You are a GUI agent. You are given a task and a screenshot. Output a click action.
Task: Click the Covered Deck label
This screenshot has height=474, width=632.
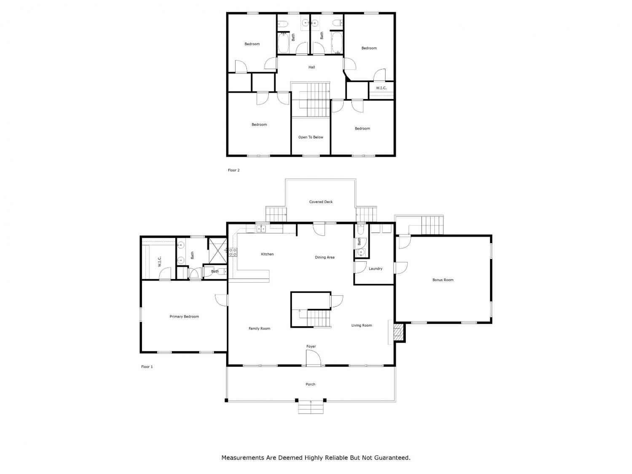coord(321,202)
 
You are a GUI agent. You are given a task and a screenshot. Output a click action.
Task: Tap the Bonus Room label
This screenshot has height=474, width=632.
coord(442,280)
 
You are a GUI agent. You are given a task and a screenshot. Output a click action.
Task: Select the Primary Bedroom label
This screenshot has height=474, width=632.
coord(184,316)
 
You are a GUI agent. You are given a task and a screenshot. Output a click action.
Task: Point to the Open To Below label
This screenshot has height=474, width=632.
coord(311,137)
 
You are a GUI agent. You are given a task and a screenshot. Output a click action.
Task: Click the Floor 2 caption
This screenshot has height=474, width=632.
coord(233,170)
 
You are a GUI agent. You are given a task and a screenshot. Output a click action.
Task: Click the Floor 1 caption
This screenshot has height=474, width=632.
coord(147,367)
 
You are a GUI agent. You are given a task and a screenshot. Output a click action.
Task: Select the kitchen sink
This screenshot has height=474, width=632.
coord(261,229)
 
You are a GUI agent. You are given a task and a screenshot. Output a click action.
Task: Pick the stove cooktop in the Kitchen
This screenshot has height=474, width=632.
coord(232,252)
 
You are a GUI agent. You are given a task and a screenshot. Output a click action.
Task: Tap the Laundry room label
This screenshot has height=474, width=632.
coord(375,268)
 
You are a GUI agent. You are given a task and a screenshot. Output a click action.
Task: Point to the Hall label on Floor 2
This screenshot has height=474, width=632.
coord(311,67)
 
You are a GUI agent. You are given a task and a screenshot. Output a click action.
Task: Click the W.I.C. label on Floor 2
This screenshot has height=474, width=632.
coord(381,88)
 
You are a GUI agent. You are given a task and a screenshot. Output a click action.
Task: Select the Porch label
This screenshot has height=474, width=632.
coord(311,384)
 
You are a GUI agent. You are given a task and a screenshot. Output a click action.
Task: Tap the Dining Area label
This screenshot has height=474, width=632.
coord(324,257)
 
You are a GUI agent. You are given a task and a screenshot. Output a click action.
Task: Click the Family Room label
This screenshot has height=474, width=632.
coord(259,328)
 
